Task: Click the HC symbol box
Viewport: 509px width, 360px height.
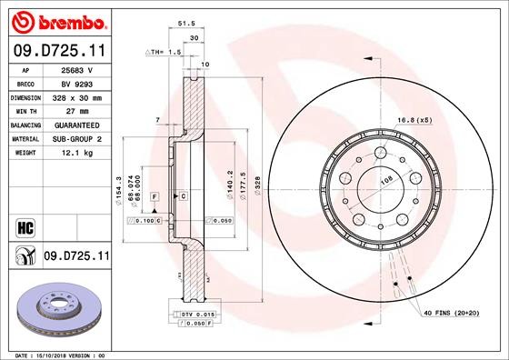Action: [x=24, y=224]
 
